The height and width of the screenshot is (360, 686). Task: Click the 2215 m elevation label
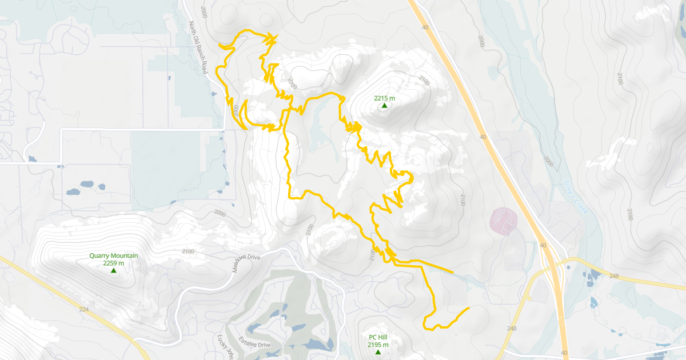click(x=385, y=98)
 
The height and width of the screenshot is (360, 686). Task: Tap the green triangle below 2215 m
click(x=385, y=106)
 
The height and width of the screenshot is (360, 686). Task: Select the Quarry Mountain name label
click(x=113, y=255)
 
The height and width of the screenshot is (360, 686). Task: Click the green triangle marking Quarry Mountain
click(x=113, y=270)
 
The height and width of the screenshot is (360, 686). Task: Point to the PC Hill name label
click(x=378, y=337)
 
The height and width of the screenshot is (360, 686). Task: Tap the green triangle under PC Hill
click(x=378, y=352)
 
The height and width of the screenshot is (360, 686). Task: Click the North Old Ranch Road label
click(x=197, y=48)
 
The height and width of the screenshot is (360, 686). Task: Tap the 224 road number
click(x=85, y=309)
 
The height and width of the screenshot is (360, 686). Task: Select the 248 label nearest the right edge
click(x=614, y=276)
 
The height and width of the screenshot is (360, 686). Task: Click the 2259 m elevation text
click(x=113, y=263)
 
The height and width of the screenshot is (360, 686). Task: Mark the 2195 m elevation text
click(x=378, y=345)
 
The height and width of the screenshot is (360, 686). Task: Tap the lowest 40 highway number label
click(x=565, y=353)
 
